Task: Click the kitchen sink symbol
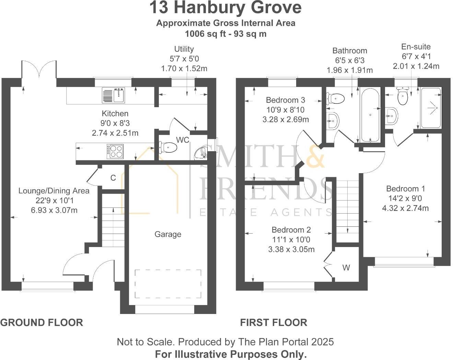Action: [114, 95]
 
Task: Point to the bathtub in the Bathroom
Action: [370, 115]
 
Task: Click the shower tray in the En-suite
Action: [431, 108]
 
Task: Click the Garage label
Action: [168, 234]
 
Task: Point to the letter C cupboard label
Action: [113, 178]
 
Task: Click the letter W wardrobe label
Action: [346, 268]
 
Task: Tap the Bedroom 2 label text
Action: [291, 230]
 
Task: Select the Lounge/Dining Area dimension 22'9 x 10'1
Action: [54, 200]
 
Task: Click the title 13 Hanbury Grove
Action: [225, 8]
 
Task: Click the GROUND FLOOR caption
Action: [42, 323]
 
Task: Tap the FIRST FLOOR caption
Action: [274, 323]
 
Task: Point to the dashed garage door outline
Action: [168, 284]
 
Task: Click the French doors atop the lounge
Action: [39, 69]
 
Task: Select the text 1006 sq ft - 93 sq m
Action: [225, 34]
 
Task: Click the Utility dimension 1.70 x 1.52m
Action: [184, 68]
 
